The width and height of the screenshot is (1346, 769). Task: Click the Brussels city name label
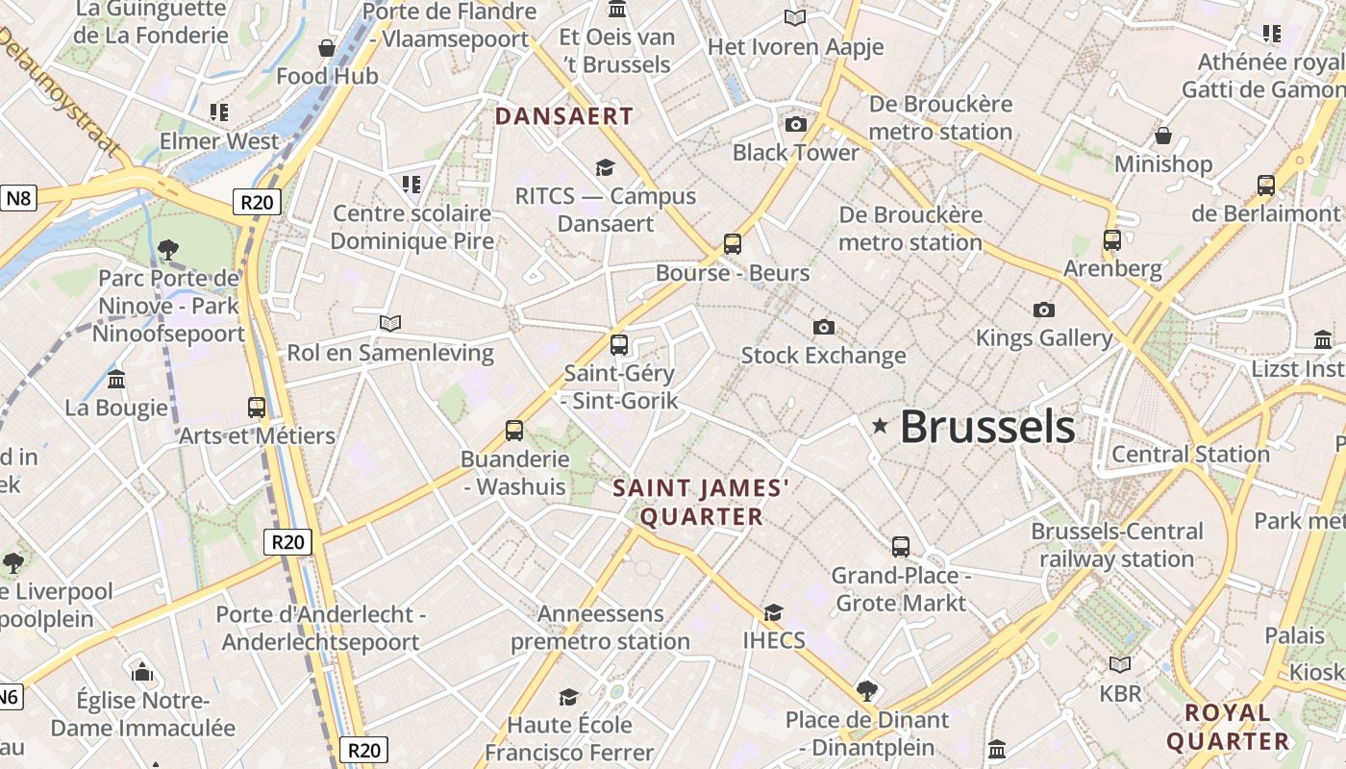(987, 427)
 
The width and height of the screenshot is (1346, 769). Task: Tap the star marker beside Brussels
(880, 425)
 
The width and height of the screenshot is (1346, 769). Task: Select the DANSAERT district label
(564, 116)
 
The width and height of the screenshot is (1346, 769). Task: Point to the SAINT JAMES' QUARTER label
(702, 503)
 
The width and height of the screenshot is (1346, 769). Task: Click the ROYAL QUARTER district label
(1228, 727)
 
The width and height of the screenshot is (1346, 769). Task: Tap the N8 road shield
(18, 199)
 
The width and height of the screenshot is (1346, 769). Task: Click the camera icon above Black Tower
(796, 124)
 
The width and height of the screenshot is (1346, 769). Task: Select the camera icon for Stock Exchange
(823, 327)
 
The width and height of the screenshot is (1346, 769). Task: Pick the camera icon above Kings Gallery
(1044, 310)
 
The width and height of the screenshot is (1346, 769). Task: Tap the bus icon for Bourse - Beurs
(733, 244)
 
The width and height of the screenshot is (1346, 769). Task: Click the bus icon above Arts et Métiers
(257, 408)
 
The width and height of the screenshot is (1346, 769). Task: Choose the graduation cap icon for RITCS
(605, 168)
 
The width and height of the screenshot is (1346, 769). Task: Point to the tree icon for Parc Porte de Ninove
(168, 250)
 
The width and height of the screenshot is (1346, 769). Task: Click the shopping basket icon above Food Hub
(327, 48)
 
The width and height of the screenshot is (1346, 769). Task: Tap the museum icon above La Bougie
(117, 379)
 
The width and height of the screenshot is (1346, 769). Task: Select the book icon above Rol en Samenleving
(390, 324)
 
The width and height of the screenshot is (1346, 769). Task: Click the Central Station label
(1190, 454)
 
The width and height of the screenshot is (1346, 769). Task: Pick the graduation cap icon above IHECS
(773, 612)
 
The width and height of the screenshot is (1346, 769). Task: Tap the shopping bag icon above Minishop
(1163, 136)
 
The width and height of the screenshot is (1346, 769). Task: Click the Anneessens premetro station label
(600, 628)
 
